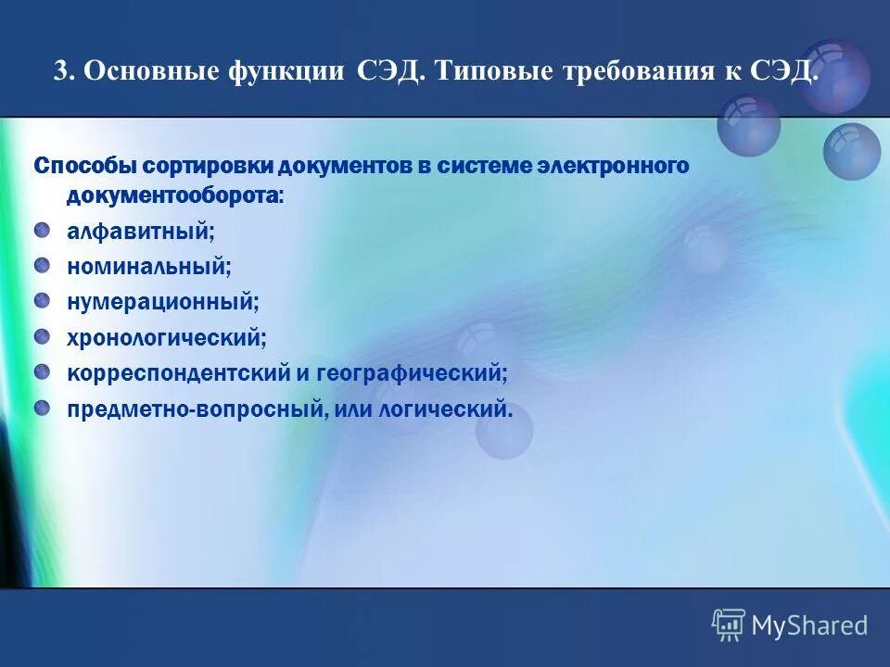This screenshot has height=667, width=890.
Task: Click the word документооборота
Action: coord(175,195)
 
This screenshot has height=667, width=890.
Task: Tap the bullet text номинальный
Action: coord(148,267)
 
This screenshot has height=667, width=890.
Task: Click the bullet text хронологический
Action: coord(166,338)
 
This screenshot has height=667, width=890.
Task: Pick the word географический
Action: coord(412,373)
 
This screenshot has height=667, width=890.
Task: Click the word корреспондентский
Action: coord(177,373)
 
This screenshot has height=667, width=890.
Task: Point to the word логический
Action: coord(445,409)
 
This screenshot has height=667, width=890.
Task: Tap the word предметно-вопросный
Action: coord(194,409)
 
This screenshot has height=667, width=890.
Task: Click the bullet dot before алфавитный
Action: coord(43,230)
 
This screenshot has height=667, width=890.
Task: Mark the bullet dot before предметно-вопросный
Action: coord(43,407)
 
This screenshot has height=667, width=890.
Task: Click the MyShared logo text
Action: coord(809,625)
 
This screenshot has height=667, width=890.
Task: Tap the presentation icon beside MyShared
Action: coord(729,625)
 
